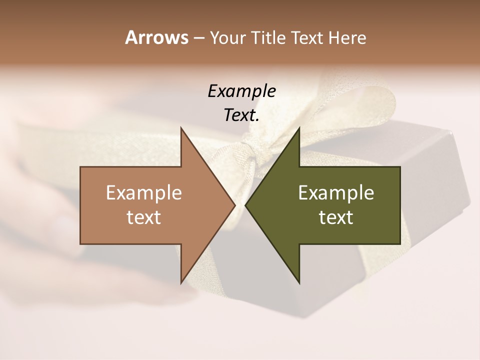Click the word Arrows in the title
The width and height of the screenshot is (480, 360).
coord(156,37)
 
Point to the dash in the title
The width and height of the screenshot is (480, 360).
coord(198,38)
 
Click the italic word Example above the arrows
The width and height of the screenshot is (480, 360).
coord(241,91)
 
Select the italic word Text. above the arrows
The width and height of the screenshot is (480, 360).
coord(241,115)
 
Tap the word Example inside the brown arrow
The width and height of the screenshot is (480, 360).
coord(143,193)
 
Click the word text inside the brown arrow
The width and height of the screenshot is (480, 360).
coord(143,217)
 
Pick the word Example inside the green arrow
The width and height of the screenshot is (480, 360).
coord(336,193)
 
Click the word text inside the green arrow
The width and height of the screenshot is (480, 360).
coord(336,217)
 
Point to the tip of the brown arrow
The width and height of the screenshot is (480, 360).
coord(234,205)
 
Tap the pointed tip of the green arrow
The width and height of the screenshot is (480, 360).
coord(245,205)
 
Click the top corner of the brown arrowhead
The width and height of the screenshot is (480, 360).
coord(181,128)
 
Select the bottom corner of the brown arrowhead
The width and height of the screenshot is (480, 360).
coord(181,283)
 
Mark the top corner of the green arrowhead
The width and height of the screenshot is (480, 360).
coord(299,128)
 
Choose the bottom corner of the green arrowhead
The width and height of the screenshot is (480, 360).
coord(299,283)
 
